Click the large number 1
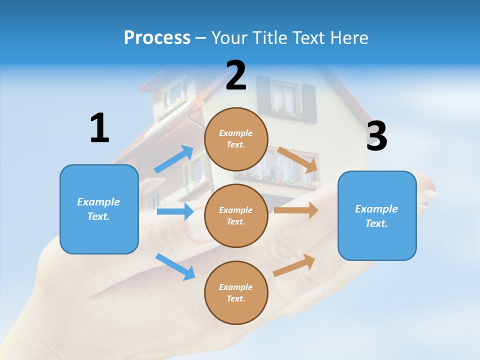pyautogui.click(x=99, y=128)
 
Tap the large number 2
pyautogui.click(x=236, y=75)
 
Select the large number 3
pyautogui.click(x=376, y=136)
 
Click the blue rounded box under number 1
pyautogui.click(x=99, y=209)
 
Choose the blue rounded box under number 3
pyautogui.click(x=377, y=216)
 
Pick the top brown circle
pyautogui.click(x=236, y=139)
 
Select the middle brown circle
pyautogui.click(x=236, y=215)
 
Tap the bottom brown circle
pyautogui.click(x=236, y=292)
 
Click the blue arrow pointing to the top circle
pyautogui.click(x=174, y=159)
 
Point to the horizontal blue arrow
pyautogui.click(x=175, y=211)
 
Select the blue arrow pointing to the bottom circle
pyautogui.click(x=175, y=266)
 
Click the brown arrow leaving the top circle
pyautogui.click(x=298, y=159)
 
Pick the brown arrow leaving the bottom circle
pyautogui.click(x=294, y=265)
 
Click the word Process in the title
pyautogui.click(x=157, y=37)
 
